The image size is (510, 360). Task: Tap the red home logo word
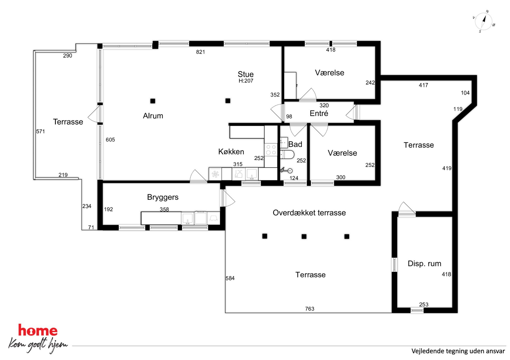coord(38,330)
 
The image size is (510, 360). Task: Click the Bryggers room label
coord(163,197)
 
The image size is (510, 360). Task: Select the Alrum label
coord(153,116)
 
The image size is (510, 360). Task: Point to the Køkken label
coord(231,152)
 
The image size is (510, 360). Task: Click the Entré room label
coord(319,113)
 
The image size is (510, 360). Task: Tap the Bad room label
coord(295,144)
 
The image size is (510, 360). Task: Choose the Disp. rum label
coord(424,264)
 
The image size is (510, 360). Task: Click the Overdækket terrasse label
coord(309,213)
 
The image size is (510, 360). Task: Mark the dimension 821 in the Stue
coord(201,52)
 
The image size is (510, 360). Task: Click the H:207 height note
coord(246,81)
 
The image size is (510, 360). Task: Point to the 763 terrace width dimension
coord(310,309)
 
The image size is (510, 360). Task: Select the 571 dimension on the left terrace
coord(40,131)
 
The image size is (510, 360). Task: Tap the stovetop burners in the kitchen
coord(271,150)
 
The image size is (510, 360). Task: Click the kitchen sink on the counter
coord(252,174)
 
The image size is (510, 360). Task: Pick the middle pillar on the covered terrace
coord(304,236)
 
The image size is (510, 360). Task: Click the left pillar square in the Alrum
coord(153,101)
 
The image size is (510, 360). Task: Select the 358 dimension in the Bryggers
coord(164,209)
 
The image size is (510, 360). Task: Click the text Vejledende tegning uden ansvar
coord(458,351)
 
